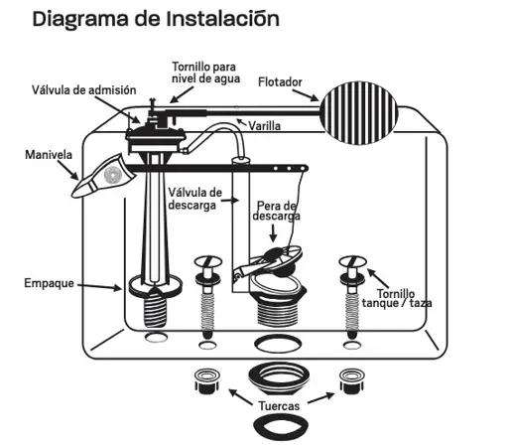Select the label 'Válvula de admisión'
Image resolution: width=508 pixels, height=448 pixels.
(83, 89)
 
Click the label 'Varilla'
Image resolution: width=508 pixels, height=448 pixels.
(264, 126)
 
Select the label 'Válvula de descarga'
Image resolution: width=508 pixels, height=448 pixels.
(194, 199)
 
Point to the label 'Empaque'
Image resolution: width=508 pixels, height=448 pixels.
(49, 283)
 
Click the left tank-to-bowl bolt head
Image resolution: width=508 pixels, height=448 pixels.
(209, 263)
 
